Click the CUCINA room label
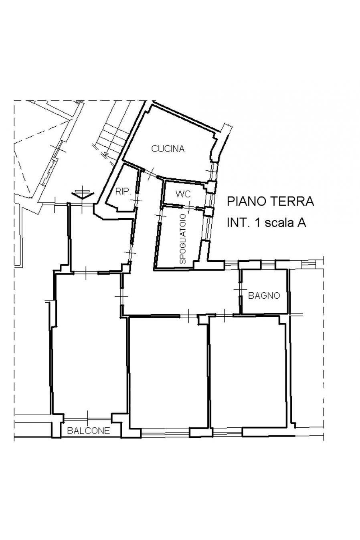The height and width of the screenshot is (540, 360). pos(168,149)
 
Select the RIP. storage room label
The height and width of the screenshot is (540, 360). pos(123,192)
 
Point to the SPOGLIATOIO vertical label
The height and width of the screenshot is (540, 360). pos(183,239)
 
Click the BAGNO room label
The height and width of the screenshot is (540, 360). pos(264,295)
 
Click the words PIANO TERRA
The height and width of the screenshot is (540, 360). pos(271,202)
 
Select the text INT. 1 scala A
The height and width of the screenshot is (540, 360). pos(267,223)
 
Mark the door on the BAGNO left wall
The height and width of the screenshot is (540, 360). pos(241,289)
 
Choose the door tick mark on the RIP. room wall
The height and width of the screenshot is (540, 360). pos(136,200)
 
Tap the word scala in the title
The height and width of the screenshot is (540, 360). pos(280,223)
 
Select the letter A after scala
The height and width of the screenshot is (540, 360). pos(302,223)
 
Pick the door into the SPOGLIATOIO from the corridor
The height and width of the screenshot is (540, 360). pos(160,215)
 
